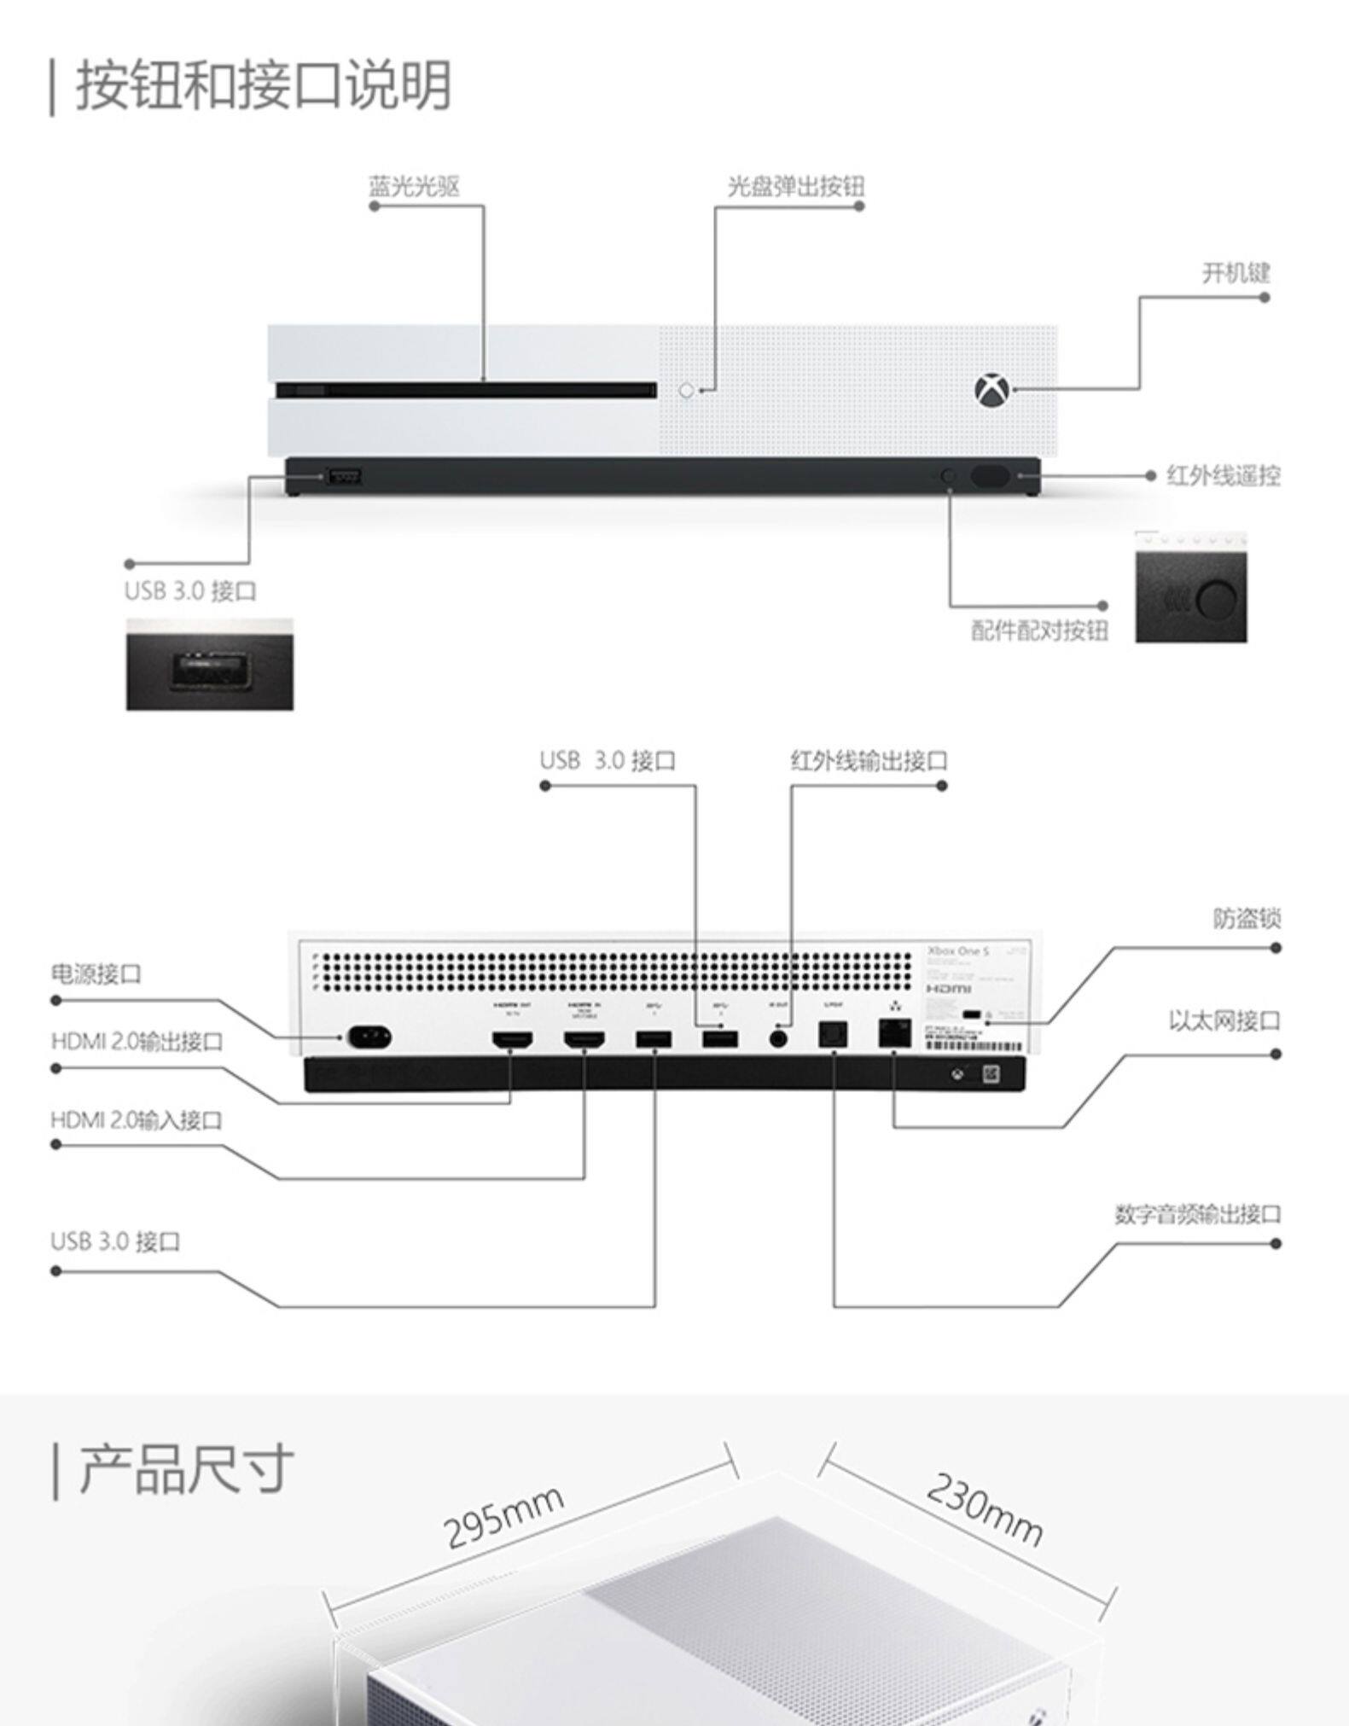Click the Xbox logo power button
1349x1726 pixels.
click(991, 391)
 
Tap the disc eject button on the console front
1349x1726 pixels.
click(687, 391)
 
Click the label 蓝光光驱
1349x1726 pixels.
click(414, 186)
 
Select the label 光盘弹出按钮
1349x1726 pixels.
click(795, 186)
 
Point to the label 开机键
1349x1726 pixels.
click(1236, 273)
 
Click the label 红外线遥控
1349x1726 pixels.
click(1223, 476)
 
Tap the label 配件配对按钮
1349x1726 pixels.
click(1039, 631)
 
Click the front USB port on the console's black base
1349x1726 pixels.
click(344, 476)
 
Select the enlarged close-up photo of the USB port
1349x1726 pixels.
click(210, 665)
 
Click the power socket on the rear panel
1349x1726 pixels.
click(369, 1037)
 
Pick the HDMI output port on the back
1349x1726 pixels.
click(512, 1039)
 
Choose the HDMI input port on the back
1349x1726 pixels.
click(584, 1039)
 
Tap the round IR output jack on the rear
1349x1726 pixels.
click(778, 1038)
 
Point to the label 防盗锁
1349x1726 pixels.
click(1246, 919)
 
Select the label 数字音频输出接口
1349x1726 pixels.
click(1197, 1214)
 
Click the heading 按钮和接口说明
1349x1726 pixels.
click(264, 85)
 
